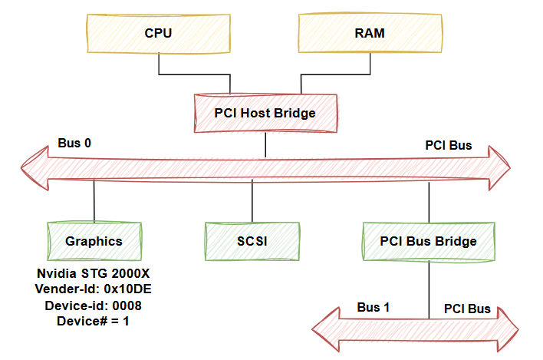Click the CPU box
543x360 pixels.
[158, 34]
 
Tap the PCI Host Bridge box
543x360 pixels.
[265, 113]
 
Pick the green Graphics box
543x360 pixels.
[94, 240]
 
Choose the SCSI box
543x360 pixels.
[252, 240]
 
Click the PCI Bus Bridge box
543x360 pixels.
[428, 240]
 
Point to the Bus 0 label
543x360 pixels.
[74, 144]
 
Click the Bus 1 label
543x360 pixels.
[374, 307]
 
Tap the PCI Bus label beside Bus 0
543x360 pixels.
[449, 145]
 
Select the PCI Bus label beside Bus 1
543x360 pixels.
[467, 309]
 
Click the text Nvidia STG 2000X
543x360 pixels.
[94, 273]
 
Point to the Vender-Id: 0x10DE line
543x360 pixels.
[94, 289]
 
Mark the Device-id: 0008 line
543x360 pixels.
[94, 305]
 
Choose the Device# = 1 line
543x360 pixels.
[94, 321]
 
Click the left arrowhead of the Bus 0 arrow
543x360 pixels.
[31, 169]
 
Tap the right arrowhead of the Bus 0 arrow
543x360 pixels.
[499, 169]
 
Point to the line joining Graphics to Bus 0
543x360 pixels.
[94, 201]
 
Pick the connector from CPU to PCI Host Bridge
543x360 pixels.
[195, 74]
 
